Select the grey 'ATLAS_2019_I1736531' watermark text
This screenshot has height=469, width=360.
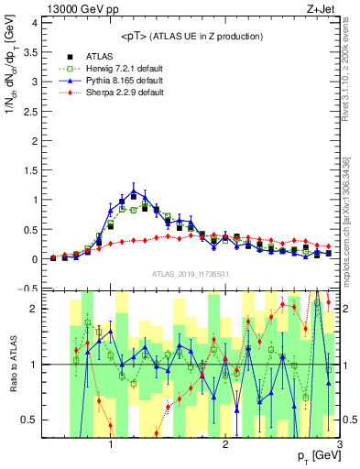pos(190,274)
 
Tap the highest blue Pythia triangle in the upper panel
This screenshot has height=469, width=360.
pos(134,192)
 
